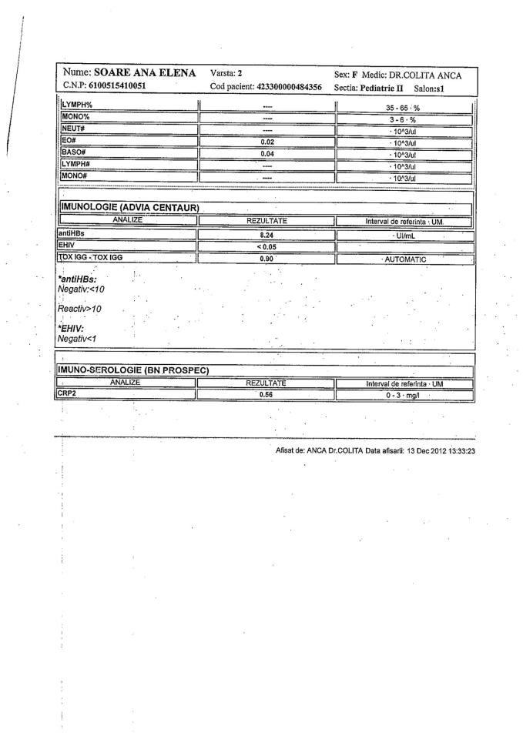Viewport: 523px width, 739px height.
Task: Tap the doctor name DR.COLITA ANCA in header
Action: coord(435,74)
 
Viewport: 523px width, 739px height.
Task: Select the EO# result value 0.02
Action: coord(267,142)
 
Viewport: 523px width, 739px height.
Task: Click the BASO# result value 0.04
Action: coord(267,152)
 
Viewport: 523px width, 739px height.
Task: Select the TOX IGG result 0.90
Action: coord(267,259)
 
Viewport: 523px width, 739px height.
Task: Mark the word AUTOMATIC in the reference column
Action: coord(406,259)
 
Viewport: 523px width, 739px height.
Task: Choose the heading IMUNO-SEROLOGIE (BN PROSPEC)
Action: coord(130,371)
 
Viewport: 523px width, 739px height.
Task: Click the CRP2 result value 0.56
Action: coord(267,393)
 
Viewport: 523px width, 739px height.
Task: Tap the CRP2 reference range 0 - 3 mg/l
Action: coord(407,393)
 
